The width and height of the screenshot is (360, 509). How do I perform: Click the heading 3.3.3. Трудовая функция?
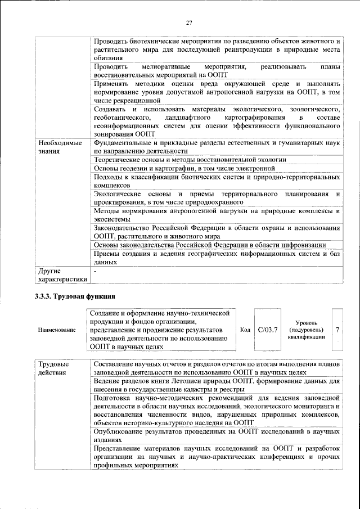75,296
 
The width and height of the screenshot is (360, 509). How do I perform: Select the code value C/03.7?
268,329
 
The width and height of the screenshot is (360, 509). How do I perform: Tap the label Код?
245,329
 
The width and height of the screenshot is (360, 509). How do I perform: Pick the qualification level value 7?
337,329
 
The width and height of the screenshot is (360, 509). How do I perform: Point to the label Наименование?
57,330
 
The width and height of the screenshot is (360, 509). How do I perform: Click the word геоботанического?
121,117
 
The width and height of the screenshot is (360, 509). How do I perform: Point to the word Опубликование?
120,431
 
